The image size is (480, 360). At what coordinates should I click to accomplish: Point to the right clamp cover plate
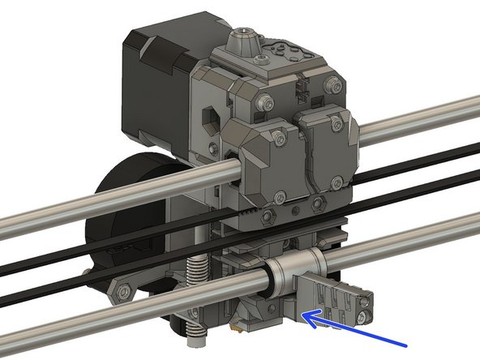coord(324,154)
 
